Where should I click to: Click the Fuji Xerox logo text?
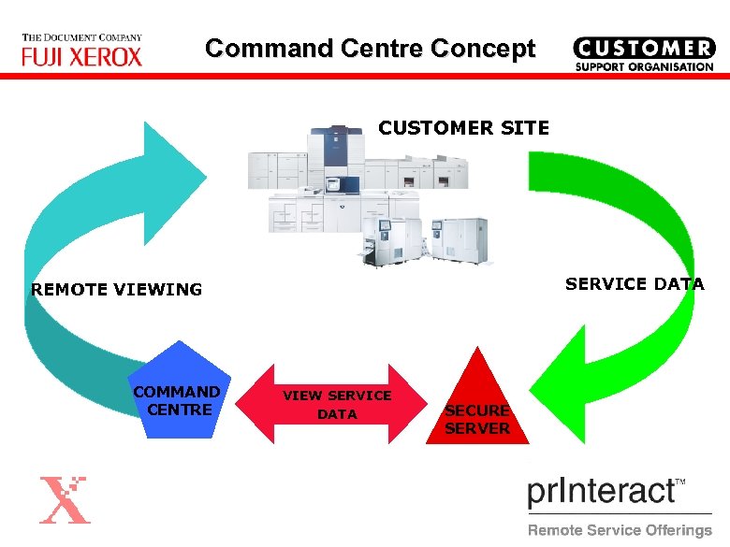tap(82, 56)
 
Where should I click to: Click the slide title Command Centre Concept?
tap(371, 49)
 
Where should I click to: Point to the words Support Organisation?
tap(643, 67)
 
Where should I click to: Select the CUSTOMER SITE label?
tap(463, 128)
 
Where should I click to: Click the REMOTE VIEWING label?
tap(116, 290)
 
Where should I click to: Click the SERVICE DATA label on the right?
tap(634, 284)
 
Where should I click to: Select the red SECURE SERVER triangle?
tap(477, 407)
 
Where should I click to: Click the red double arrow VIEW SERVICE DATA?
tap(337, 405)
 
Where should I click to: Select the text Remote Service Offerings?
tap(620, 530)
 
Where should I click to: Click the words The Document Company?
tap(82, 37)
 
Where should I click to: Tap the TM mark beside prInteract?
tap(680, 482)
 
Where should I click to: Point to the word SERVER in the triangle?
tap(477, 428)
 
